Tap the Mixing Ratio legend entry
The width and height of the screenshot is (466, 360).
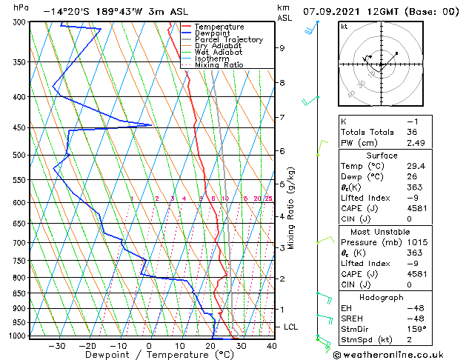(x=223, y=65)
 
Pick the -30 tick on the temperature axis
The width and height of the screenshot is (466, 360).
(x=56, y=346)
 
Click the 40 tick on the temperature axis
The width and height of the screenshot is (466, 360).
(x=272, y=346)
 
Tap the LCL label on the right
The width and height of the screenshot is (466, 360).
(x=291, y=327)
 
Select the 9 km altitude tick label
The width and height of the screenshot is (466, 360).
(x=282, y=48)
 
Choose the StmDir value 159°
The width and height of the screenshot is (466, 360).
(x=416, y=329)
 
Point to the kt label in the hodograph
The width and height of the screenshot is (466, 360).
(x=344, y=27)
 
